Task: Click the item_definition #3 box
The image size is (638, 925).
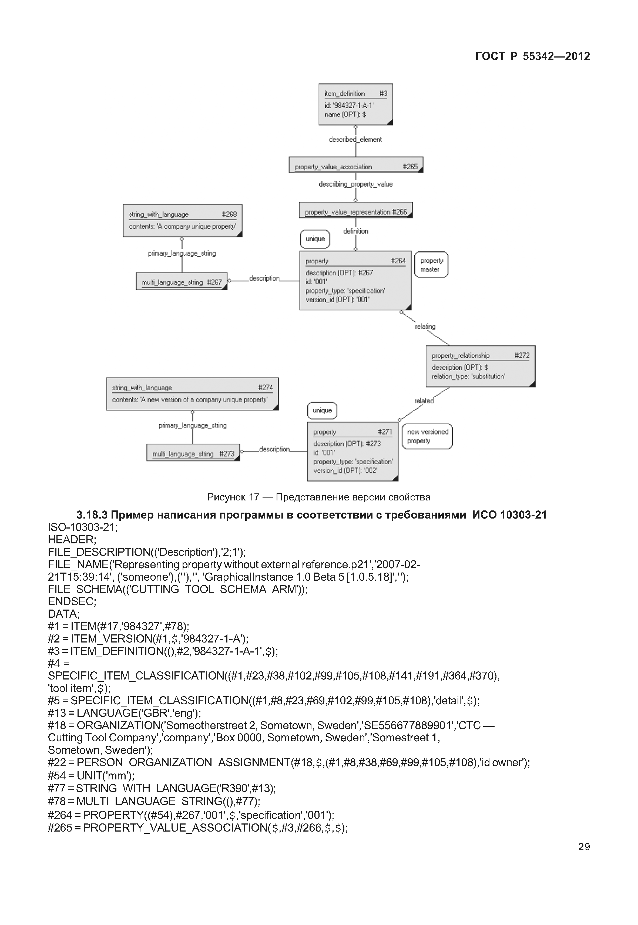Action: (x=355, y=104)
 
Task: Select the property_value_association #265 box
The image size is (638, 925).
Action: (x=355, y=165)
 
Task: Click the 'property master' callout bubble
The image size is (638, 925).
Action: (x=431, y=265)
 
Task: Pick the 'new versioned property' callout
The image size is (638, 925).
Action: (x=427, y=436)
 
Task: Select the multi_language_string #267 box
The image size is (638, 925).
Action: (x=182, y=281)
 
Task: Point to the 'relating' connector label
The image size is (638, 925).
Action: (x=425, y=327)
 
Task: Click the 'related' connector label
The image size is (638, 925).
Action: (x=424, y=401)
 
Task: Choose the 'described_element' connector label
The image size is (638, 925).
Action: (x=355, y=140)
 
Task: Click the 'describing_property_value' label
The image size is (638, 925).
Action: (x=355, y=184)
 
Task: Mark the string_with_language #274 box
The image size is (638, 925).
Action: (x=192, y=394)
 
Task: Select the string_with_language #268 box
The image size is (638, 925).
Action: (x=182, y=221)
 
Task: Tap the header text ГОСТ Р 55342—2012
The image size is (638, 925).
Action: (x=532, y=56)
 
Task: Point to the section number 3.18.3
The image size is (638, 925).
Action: (x=92, y=515)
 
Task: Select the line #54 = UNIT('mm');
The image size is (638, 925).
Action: (x=91, y=775)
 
